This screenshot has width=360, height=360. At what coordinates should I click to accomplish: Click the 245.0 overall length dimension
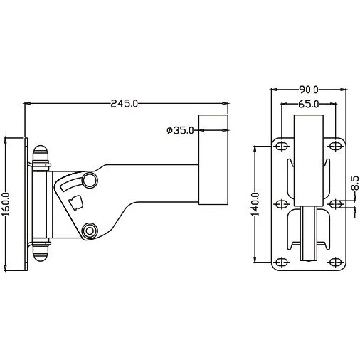[x=124, y=104]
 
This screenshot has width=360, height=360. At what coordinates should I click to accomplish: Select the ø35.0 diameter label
[x=180, y=130]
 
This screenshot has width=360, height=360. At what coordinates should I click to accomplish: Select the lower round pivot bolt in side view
[x=90, y=231]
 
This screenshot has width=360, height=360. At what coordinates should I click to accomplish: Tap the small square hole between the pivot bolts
[x=78, y=203]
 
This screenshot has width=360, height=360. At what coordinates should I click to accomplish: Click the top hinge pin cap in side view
[x=41, y=154]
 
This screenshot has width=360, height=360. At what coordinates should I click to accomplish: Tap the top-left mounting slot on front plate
[x=281, y=146]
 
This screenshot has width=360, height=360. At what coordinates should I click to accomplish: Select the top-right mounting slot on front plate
[x=334, y=146]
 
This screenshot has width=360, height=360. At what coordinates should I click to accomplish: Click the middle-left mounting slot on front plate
[x=281, y=204]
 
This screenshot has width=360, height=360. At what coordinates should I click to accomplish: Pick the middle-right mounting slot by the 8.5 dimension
[x=334, y=204]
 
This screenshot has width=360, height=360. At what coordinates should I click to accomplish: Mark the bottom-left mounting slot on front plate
[x=281, y=262]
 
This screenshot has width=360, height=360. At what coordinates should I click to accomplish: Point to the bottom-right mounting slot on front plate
[x=334, y=262]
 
